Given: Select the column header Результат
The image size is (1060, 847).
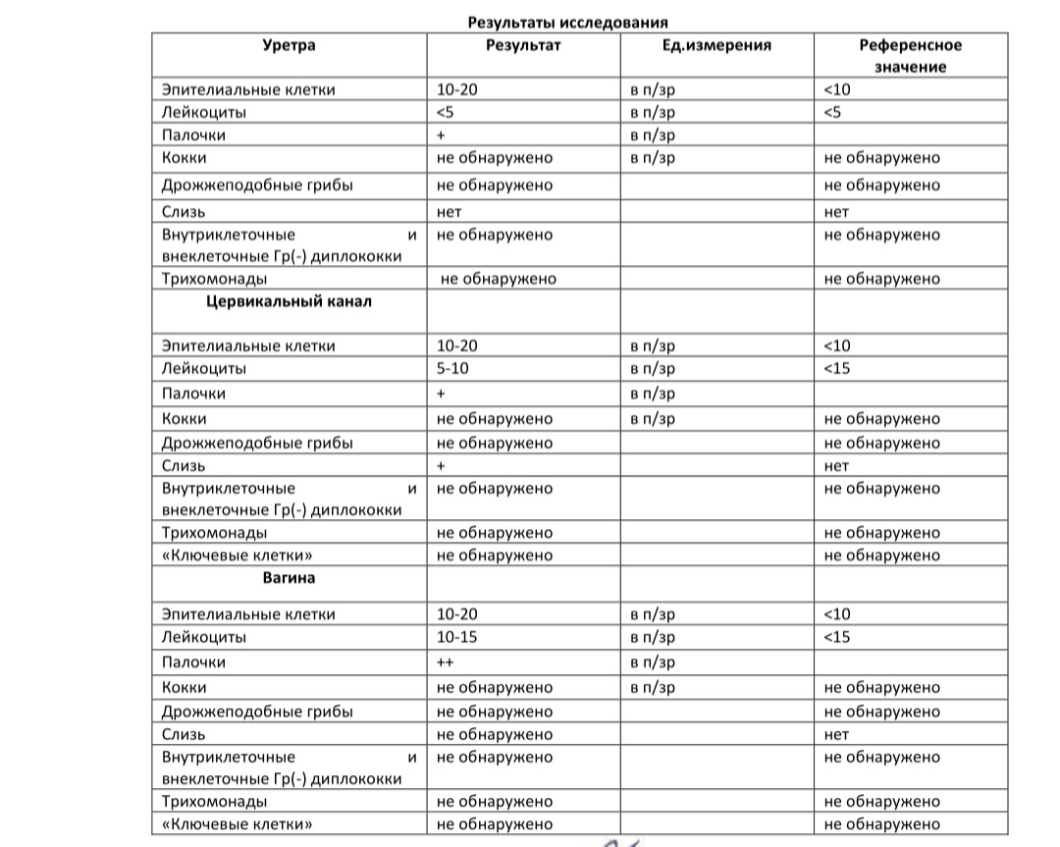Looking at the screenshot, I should (523, 45).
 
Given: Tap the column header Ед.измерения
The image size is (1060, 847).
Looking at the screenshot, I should (716, 45).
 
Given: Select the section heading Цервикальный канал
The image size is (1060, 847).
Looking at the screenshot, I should (289, 302).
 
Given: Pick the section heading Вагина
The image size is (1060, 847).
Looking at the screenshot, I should (289, 578).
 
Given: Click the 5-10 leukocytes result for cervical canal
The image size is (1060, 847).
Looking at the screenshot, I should (457, 369).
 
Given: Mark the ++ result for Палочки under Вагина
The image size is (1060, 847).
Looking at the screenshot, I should (444, 662).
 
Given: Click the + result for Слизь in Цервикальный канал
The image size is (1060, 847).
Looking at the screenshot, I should (442, 465).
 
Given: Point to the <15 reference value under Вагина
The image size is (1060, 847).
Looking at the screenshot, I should (837, 638).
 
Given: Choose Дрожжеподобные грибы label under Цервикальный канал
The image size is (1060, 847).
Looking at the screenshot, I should (257, 443).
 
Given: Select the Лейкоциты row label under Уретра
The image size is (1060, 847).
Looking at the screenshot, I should (204, 112).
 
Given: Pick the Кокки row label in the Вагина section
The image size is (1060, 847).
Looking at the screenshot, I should (185, 688).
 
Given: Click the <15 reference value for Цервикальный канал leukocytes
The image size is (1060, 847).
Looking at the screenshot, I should (837, 369).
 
